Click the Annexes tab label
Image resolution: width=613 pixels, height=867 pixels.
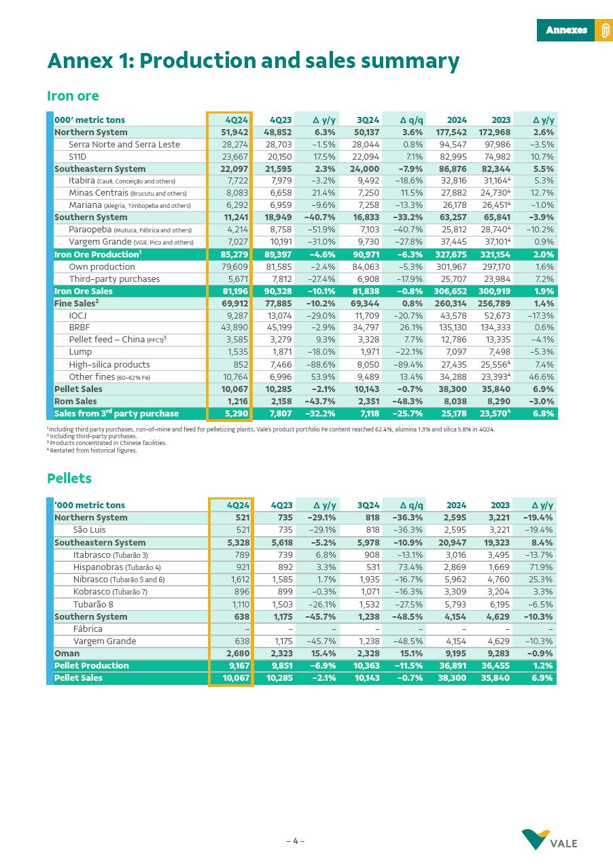(566, 30)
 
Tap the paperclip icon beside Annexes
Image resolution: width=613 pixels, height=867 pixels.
(604, 31)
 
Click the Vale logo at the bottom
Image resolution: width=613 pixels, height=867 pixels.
(550, 840)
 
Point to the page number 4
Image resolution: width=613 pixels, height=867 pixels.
(295, 841)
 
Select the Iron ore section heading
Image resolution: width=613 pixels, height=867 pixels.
(73, 96)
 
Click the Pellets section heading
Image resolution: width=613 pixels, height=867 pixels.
(69, 478)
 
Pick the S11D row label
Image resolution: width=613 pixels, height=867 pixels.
(77, 157)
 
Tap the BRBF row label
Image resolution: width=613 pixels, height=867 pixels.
(80, 328)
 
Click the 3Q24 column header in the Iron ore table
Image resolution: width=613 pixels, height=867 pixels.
(368, 120)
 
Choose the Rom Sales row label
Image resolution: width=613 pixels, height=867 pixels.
(75, 402)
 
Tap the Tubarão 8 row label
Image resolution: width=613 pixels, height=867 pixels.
(93, 605)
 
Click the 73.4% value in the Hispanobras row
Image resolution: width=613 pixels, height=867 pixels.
(410, 567)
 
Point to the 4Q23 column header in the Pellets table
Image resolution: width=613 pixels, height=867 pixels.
(281, 506)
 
